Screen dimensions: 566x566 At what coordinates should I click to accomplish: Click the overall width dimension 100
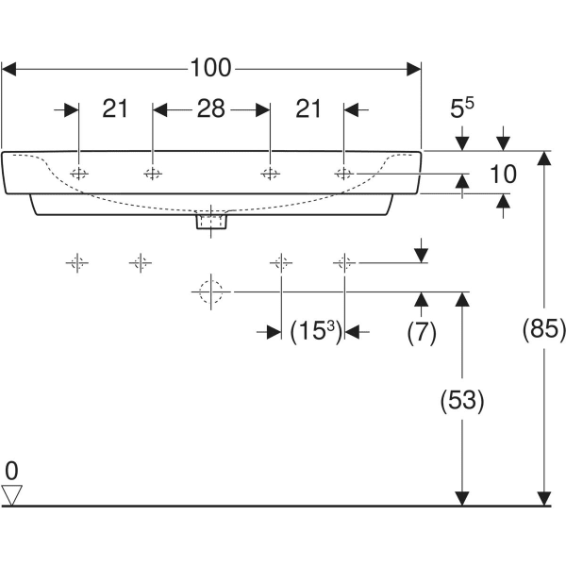coord(210,68)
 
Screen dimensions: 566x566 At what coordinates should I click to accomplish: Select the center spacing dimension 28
coord(210,109)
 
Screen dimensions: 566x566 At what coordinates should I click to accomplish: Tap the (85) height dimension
coord(544,329)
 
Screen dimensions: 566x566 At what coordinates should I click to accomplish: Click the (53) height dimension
coord(462,400)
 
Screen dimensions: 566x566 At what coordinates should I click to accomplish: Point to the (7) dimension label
coord(421,331)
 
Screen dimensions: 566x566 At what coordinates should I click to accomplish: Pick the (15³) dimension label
coord(313,331)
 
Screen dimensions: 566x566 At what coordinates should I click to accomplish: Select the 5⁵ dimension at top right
coord(461,109)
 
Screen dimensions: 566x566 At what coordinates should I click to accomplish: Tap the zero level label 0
coord(11,469)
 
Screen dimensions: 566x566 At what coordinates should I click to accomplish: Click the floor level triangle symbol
coord(12,493)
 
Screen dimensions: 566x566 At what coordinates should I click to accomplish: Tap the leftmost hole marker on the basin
coord(79,173)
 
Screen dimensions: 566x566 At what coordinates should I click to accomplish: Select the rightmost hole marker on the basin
coord(344,173)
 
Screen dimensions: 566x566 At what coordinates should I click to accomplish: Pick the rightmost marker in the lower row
coord(345,262)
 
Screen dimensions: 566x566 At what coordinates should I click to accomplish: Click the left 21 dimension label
coord(115,109)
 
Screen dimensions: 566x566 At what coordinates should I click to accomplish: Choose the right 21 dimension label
coord(308,109)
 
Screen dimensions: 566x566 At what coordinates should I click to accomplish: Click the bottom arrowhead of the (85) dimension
coord(543,497)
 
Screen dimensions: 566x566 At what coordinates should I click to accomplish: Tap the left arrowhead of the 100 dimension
coord(10,68)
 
